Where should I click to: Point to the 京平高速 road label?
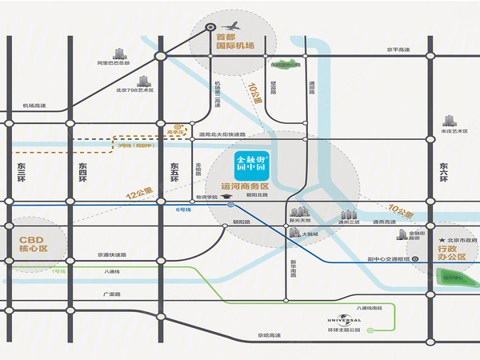398,50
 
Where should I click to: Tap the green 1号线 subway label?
58,272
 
